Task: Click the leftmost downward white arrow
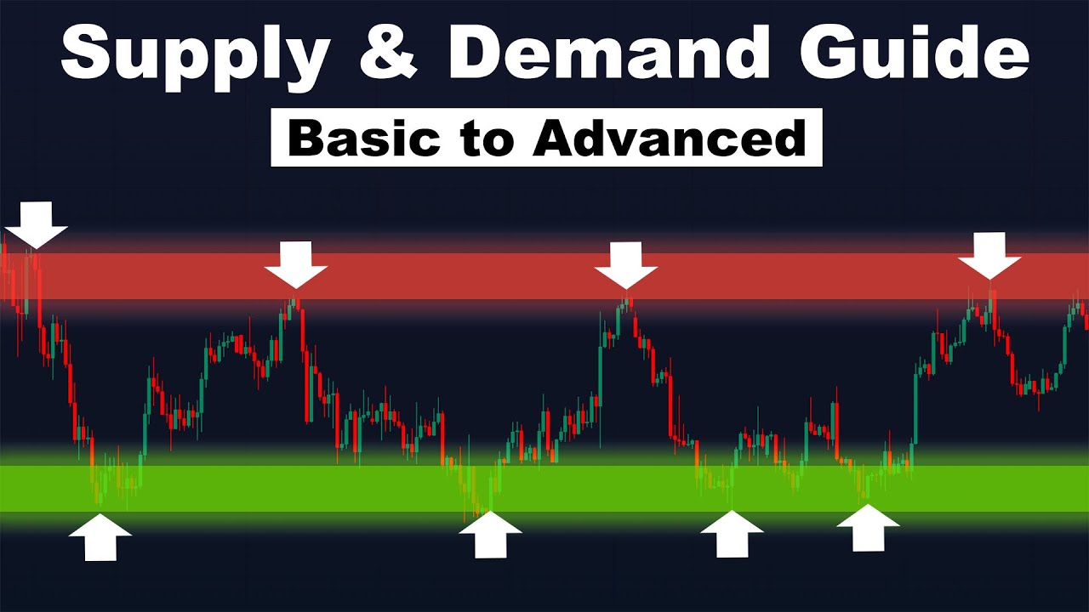(36, 224)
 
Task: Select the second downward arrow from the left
(295, 264)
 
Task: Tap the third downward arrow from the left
(626, 264)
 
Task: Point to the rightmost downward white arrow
(989, 255)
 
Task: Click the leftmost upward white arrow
(100, 537)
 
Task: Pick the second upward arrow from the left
(490, 535)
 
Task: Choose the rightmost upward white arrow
(868, 528)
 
